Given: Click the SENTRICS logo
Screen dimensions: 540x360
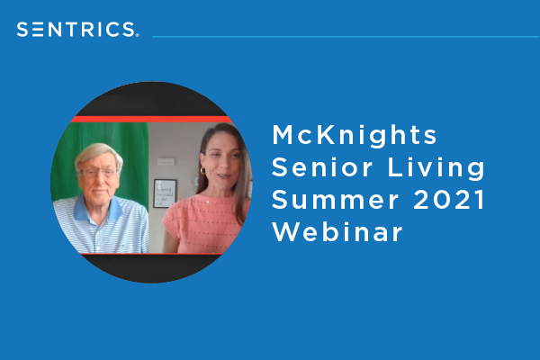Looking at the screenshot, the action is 77,30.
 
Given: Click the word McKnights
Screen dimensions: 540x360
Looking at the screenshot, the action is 355,135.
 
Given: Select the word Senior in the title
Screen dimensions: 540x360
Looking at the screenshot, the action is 322,167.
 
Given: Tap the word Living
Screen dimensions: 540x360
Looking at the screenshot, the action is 436,168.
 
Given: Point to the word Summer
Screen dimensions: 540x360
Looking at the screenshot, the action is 335,200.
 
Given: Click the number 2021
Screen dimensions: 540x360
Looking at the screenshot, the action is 449,200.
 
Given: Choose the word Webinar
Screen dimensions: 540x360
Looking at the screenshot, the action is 337,232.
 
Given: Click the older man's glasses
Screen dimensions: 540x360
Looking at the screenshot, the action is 99,172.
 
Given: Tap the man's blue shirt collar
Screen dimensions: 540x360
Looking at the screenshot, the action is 98,209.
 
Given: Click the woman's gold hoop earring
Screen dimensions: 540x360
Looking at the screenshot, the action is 202,171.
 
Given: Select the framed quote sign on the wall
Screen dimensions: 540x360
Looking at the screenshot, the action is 165,193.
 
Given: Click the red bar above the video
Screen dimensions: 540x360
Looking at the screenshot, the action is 151,119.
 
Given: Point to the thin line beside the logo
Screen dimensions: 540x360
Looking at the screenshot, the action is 346,37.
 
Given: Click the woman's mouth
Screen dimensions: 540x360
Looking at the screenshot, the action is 224,176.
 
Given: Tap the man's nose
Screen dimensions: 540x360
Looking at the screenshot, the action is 100,179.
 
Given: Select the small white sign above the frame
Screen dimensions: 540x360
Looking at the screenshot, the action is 166,162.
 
